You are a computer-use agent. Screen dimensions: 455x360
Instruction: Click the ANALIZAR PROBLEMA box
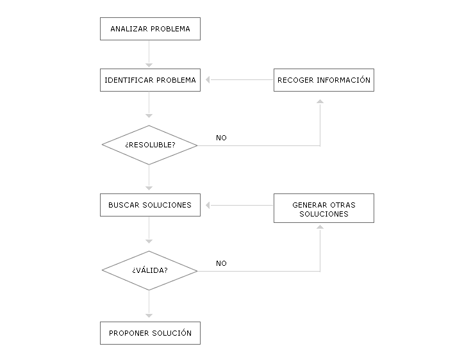click(x=150, y=29)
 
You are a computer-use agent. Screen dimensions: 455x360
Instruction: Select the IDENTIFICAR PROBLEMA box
click(x=150, y=80)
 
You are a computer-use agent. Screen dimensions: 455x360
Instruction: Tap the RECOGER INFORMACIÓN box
click(x=324, y=80)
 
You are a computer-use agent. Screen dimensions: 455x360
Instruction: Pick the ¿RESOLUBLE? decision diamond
click(x=149, y=145)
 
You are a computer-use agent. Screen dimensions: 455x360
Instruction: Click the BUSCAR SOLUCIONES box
click(x=150, y=205)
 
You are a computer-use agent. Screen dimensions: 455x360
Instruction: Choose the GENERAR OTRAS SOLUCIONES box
click(x=324, y=208)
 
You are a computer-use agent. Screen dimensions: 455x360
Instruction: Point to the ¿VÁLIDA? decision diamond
click(x=149, y=270)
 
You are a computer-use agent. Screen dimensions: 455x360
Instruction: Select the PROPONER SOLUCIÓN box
click(x=150, y=333)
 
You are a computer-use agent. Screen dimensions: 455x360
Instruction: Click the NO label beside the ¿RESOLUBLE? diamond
click(x=221, y=138)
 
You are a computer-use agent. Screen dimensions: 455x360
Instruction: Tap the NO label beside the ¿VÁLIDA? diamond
click(x=221, y=263)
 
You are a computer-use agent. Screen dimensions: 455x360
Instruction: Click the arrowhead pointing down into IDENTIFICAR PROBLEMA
click(x=149, y=65)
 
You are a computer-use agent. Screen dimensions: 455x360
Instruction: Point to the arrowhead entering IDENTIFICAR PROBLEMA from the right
click(x=208, y=80)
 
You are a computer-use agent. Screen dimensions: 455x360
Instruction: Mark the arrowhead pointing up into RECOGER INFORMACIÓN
click(x=320, y=101)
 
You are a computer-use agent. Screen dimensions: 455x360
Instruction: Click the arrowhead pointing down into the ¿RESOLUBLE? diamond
click(x=149, y=116)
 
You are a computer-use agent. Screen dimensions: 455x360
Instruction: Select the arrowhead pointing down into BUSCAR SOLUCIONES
click(x=149, y=188)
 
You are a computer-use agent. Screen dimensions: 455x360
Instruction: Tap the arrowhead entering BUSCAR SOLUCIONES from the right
click(x=208, y=206)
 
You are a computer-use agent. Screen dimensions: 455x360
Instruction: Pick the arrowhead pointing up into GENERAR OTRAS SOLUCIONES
click(x=320, y=227)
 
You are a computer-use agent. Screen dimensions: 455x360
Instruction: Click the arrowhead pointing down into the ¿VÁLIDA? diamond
click(x=149, y=241)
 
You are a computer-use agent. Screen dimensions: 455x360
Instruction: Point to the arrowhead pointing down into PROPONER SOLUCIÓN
click(x=149, y=316)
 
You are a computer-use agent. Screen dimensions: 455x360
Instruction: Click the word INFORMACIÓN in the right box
click(x=343, y=80)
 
